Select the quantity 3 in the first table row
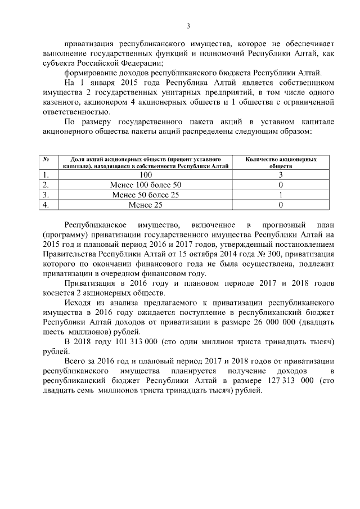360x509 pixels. click(x=280, y=175)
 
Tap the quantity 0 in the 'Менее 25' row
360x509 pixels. click(x=280, y=205)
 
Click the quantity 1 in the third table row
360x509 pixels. click(x=280, y=195)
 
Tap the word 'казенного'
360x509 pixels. click(x=62, y=102)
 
